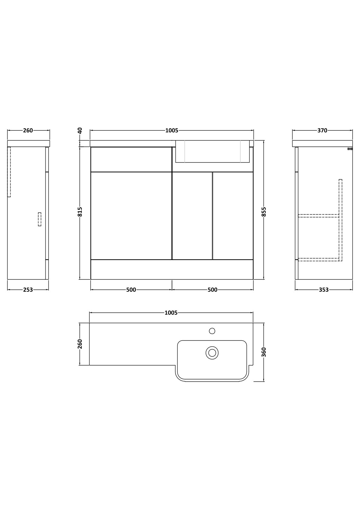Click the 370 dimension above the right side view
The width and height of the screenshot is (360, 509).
tap(322, 131)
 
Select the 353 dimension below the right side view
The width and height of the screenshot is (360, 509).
tap(324, 290)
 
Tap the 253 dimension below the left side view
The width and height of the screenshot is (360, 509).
tap(28, 290)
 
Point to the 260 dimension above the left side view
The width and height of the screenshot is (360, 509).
tap(28, 131)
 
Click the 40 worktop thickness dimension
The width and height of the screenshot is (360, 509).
tap(80, 131)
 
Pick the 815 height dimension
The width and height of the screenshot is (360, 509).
tap(80, 212)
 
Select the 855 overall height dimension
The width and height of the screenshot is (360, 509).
tap(264, 212)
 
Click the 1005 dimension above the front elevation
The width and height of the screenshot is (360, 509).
tap(172, 131)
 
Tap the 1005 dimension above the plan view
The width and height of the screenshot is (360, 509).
tap(171, 313)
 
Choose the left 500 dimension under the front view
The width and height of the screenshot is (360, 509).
tap(131, 290)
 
